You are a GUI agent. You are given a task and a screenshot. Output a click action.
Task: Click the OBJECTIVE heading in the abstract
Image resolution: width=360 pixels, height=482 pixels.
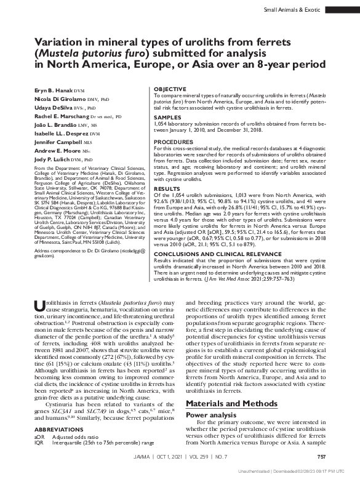(x=169, y=89)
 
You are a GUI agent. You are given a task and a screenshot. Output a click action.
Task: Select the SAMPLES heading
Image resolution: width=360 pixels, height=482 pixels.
(x=167, y=116)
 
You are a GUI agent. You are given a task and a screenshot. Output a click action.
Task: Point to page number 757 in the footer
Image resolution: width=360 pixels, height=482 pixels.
(x=321, y=456)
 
